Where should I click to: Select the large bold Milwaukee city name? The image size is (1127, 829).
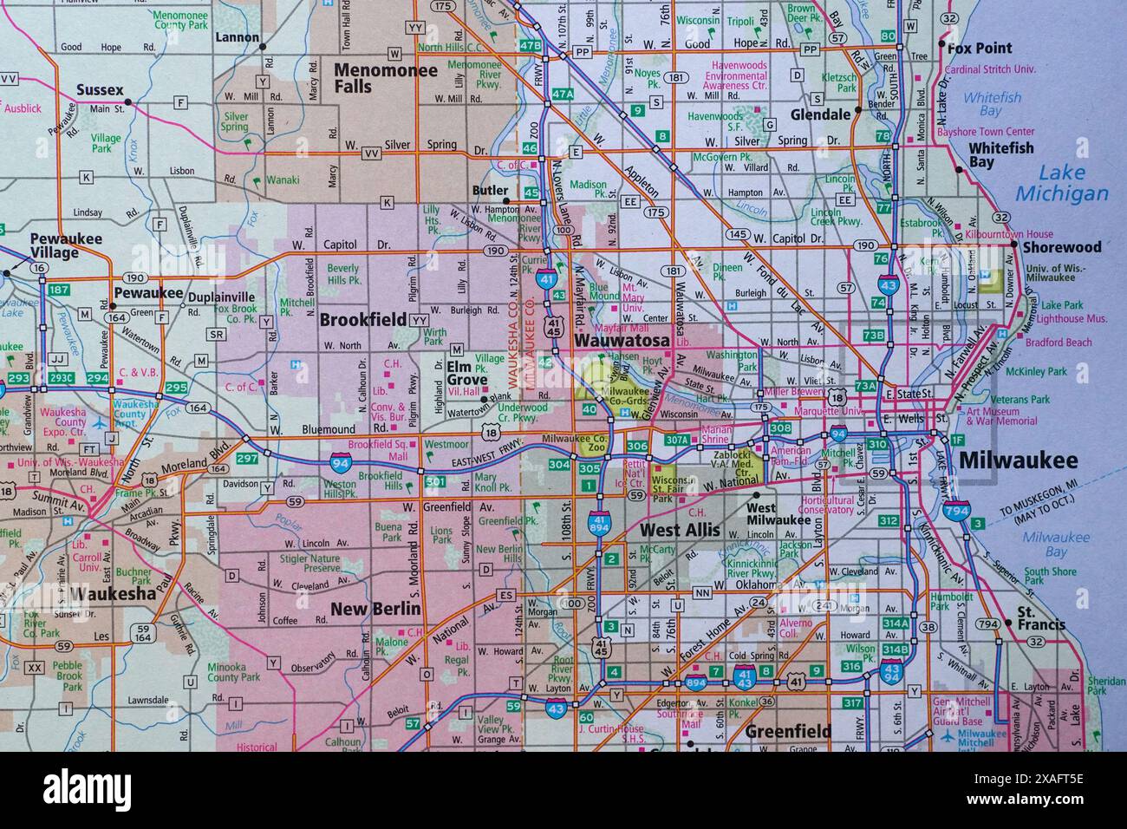1018,460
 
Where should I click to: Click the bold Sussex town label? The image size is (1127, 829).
100,89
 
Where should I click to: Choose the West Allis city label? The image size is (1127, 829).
680,529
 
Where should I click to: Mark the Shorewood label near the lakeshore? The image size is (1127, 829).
1061,247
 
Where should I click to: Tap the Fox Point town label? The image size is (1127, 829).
980,48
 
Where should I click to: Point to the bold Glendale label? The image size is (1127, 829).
819,114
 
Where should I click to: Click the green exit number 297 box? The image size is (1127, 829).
248,458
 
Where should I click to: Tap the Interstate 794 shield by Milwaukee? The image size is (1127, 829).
956,511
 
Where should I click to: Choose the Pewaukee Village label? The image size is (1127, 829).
66,245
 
